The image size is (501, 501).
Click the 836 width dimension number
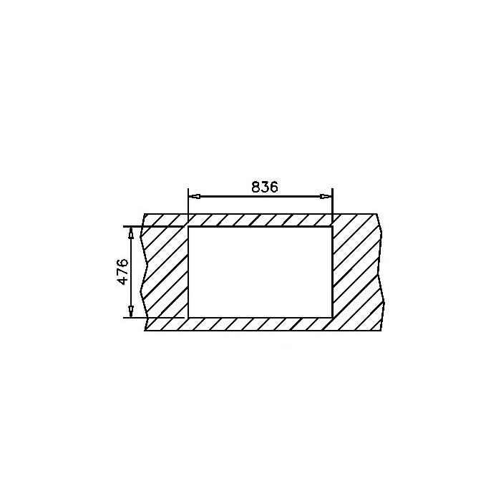click(265, 187)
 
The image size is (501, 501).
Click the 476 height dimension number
click(123, 272)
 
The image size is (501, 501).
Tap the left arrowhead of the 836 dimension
click(195, 196)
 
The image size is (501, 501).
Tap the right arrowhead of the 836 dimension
click(326, 196)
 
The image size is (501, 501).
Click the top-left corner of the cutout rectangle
click(188, 227)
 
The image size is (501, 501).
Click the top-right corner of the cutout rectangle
click(332, 227)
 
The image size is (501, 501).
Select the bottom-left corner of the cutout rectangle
click(188, 318)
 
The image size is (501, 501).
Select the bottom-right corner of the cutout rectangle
click(332, 318)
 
